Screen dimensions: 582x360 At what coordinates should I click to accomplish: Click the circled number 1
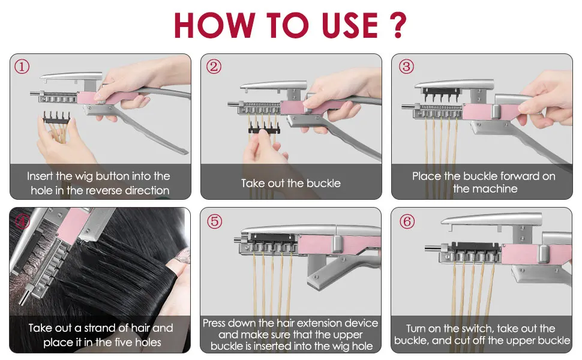tap(22, 67)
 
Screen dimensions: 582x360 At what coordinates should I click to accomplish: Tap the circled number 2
tap(214, 67)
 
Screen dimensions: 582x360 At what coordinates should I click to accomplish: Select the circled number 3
tap(406, 67)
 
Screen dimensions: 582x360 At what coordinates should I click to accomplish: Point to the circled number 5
tap(215, 221)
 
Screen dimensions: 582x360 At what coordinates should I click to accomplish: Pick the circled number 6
tap(407, 221)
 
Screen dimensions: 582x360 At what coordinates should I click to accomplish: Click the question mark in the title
tap(398, 25)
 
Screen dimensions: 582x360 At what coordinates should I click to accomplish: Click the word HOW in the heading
tap(214, 25)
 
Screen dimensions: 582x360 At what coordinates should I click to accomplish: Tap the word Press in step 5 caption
tap(214, 323)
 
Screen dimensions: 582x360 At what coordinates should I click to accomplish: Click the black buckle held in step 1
tap(56, 117)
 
